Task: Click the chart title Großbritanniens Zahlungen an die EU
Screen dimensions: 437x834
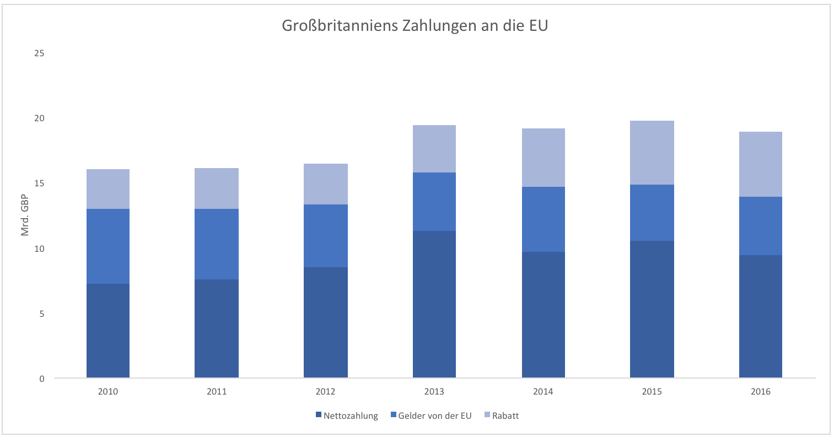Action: point(415,26)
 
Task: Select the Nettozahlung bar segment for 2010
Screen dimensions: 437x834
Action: point(108,331)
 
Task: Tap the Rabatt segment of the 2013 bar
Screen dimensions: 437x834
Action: point(434,149)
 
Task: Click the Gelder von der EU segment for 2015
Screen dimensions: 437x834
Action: point(652,213)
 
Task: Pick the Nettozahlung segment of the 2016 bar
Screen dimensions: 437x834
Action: point(761,316)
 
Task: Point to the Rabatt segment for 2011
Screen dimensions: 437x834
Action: point(217,188)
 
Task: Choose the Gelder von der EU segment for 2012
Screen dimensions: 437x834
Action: point(326,236)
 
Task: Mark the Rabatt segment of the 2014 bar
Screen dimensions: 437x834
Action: point(544,158)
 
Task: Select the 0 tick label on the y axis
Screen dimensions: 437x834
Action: point(41,379)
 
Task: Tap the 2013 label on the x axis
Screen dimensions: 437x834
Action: point(434,392)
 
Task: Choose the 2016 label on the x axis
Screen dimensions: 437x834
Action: point(761,392)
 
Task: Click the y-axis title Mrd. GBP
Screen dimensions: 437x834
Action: point(25,215)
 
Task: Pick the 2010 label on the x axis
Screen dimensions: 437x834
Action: point(108,392)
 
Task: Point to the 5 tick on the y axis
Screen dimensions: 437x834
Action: point(41,314)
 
